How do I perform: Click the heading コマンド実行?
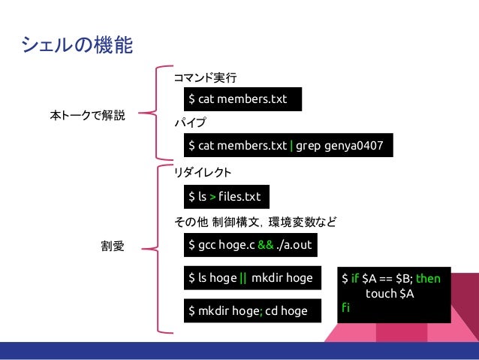coord(204,77)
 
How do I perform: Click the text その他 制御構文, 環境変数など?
coord(255,222)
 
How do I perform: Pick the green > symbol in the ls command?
coord(212,197)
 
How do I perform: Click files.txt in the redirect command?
coord(239,197)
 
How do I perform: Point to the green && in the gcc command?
coord(265,245)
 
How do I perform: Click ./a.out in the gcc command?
coord(295,245)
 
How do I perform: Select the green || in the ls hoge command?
coord(243,278)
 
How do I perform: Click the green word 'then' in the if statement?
coord(428,278)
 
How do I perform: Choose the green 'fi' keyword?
coord(345,307)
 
